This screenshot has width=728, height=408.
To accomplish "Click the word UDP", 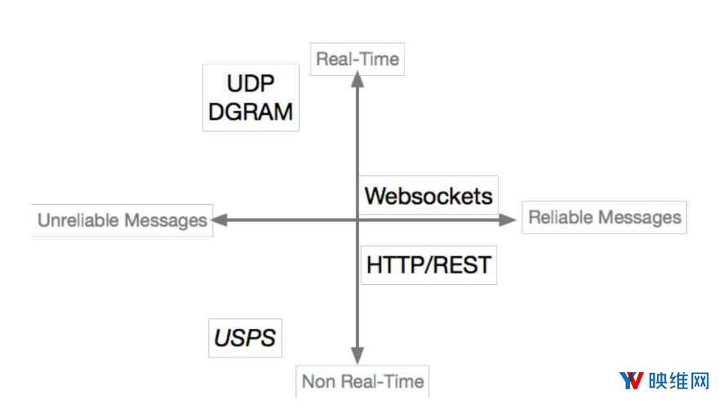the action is (x=251, y=83).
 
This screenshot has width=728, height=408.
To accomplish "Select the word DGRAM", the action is (x=251, y=112).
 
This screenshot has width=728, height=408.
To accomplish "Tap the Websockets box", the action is (x=428, y=195).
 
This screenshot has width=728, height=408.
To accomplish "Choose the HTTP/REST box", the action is (x=428, y=265).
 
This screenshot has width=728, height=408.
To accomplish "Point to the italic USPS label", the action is (x=245, y=338).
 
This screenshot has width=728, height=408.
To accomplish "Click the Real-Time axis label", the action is (x=357, y=59).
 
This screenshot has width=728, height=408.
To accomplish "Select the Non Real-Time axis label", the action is (x=362, y=382).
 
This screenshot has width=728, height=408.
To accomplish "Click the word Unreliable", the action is (x=78, y=220).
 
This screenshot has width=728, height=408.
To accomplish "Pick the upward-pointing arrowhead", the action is (x=357, y=80).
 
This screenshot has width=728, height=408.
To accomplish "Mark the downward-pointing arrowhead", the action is (x=357, y=356).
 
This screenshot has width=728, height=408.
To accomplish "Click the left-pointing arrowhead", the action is (x=220, y=220).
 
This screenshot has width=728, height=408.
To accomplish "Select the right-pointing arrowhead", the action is (x=508, y=220).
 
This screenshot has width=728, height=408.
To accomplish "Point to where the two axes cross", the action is (x=357, y=220).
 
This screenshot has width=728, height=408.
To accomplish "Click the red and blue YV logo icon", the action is (x=632, y=380).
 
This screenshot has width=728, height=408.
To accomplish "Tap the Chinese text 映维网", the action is (x=679, y=381).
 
